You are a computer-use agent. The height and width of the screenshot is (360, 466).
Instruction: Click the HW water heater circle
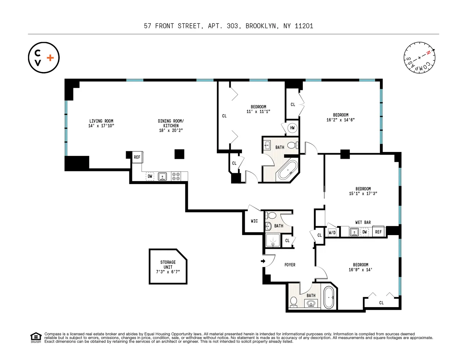click(x=292, y=128)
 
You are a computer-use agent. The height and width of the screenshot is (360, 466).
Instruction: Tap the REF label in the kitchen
click(x=137, y=157)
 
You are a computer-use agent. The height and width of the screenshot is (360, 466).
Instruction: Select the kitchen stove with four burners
click(x=176, y=176)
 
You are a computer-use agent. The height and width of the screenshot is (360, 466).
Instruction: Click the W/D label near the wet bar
click(x=332, y=233)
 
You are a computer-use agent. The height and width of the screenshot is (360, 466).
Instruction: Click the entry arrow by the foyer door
click(x=263, y=261)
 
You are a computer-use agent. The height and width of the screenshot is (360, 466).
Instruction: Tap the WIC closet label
click(x=254, y=221)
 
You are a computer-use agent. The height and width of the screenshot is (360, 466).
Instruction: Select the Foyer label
click(x=290, y=265)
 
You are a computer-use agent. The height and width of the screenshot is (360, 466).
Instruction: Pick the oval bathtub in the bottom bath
click(x=329, y=297)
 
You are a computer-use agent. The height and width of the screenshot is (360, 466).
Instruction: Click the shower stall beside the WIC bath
click(x=273, y=240)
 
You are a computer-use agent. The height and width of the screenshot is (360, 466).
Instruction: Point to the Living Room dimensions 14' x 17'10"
click(x=101, y=126)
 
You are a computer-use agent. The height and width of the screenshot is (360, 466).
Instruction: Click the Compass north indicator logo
click(x=419, y=58)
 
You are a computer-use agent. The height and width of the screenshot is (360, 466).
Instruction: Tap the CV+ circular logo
click(x=44, y=58)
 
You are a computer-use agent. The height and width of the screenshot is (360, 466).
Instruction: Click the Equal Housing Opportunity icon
click(x=36, y=338)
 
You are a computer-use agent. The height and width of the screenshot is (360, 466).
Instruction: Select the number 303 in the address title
click(x=233, y=26)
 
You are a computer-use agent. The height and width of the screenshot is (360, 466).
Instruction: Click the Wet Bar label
click(x=363, y=222)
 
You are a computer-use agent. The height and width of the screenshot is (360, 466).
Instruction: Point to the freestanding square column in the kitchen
click(x=179, y=154)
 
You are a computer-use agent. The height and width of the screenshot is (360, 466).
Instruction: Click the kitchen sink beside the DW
click(x=162, y=176)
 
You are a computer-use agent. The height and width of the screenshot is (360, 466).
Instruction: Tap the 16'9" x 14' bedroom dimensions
click(x=360, y=270)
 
